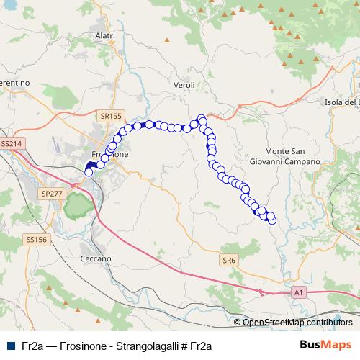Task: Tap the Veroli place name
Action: click(185, 85)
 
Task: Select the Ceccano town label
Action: click(96, 258)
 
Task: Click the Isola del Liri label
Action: click(342, 102)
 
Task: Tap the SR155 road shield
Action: click(112, 115)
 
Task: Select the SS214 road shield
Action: click(12, 144)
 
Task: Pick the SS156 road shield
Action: click(35, 239)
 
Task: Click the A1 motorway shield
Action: click(299, 293)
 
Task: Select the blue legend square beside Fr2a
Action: click(9, 346)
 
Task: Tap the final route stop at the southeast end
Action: click(272, 220)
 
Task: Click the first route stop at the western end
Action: click(89, 172)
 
